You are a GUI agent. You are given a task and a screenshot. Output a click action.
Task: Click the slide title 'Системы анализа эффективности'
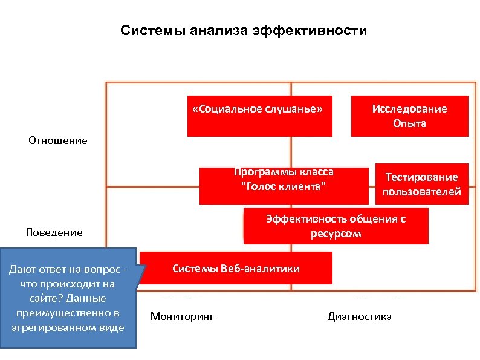point(243,30)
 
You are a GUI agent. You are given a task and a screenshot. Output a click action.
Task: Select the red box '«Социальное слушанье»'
point(260,116)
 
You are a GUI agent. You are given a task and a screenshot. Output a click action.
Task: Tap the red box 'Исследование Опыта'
point(409,116)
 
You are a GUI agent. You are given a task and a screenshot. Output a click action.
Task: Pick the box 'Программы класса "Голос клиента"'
point(284,185)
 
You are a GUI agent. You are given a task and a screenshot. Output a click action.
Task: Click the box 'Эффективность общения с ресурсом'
point(336,226)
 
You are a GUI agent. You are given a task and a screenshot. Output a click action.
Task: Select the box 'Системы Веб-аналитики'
point(236,269)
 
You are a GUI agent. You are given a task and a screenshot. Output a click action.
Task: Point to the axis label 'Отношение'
point(57,140)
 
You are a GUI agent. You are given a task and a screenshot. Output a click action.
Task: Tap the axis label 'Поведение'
point(54,232)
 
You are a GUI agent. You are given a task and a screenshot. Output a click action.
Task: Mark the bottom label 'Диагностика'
point(359,316)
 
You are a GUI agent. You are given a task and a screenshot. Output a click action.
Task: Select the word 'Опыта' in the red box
point(409,123)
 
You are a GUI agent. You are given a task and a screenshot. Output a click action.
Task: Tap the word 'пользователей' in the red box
point(421,192)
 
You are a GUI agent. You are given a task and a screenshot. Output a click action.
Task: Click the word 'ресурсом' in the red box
point(336,234)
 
